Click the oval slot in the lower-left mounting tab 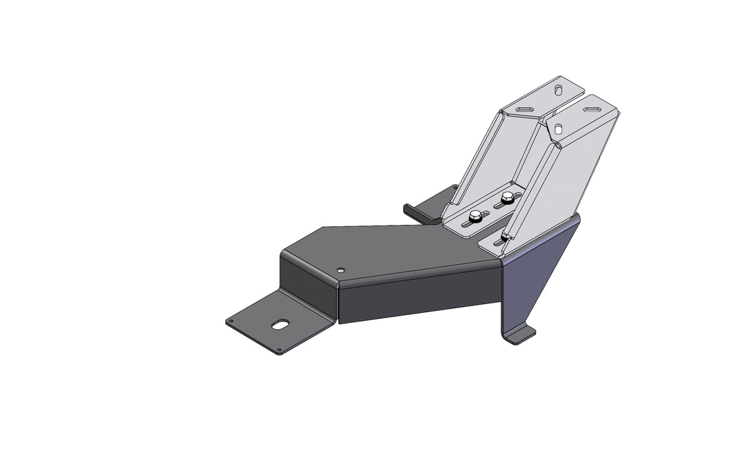(x=280, y=324)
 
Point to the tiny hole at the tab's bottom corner (x=279, y=350)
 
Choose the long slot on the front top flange (x=590, y=106)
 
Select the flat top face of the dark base (x=393, y=251)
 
